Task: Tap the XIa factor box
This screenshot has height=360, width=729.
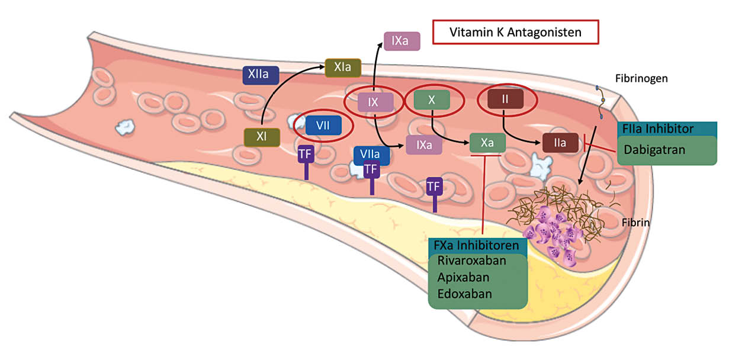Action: click(342, 67)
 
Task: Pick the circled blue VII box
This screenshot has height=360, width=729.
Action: click(323, 126)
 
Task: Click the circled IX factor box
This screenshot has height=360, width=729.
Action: click(374, 102)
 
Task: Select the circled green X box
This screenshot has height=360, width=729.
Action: click(432, 100)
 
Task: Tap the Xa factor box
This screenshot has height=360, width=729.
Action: click(487, 143)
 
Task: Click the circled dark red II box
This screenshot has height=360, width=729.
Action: click(505, 99)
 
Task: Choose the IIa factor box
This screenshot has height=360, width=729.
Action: click(560, 143)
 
